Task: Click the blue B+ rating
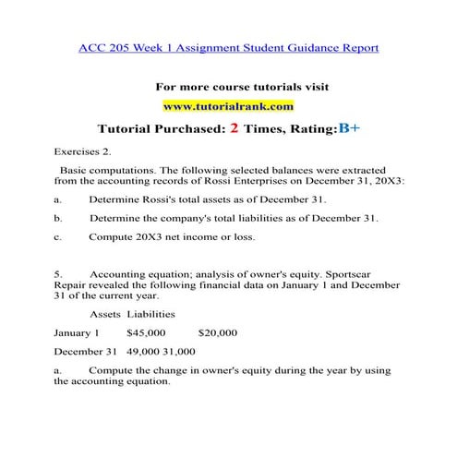349,129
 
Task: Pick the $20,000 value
217,332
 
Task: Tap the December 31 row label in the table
85,352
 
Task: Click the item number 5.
57,274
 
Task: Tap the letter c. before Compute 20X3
58,236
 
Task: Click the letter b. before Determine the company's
58,218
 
